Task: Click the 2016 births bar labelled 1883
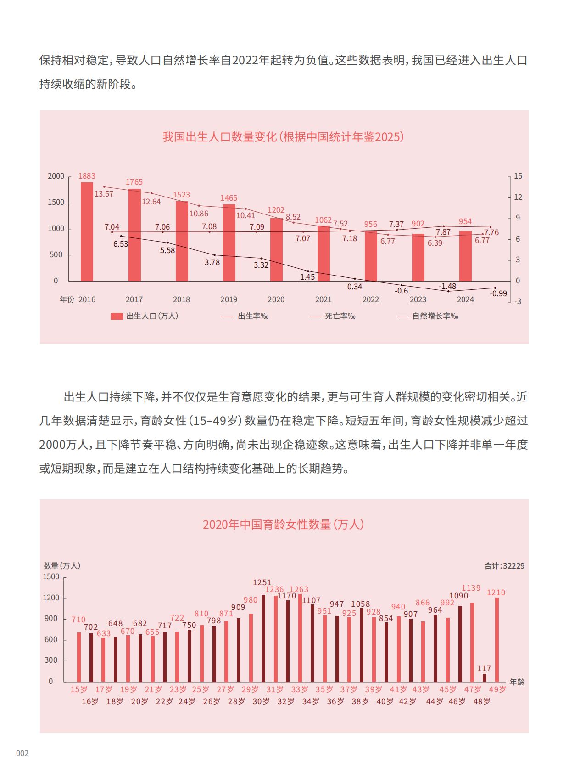[x=87, y=232]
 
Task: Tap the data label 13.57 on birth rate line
[x=104, y=194]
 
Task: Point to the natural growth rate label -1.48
[x=447, y=286]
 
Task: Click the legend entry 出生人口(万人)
[x=144, y=316]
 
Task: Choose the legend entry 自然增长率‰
[x=428, y=316]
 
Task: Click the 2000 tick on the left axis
[x=56, y=176]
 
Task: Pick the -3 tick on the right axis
[x=518, y=301]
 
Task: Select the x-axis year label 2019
[x=229, y=299]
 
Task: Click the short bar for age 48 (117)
[x=485, y=677]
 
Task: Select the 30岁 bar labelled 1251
[x=263, y=638]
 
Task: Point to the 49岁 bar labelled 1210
[x=497, y=639]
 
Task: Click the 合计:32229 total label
[x=504, y=566]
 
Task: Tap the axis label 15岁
[x=79, y=689]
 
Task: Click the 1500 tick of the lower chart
[x=51, y=577]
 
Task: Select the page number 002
[x=22, y=753]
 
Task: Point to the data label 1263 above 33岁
[x=299, y=589]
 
